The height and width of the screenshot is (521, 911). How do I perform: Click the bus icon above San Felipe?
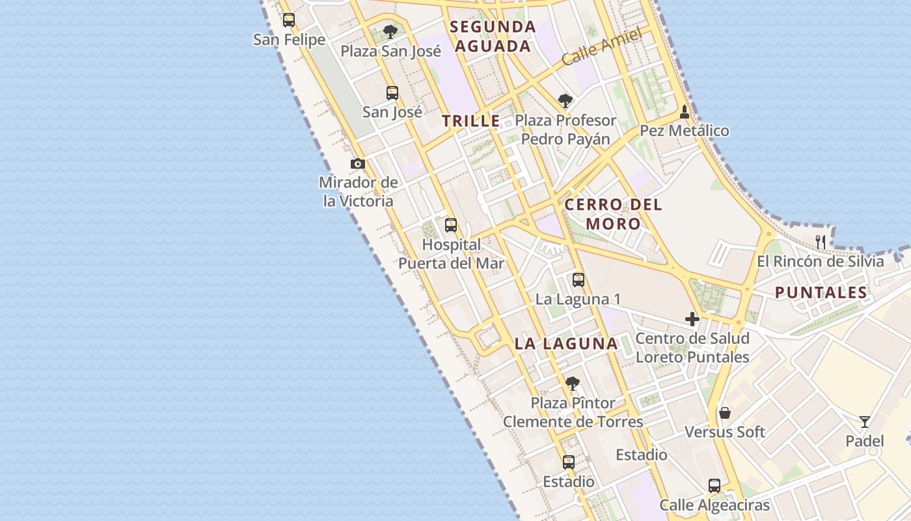point(289,20)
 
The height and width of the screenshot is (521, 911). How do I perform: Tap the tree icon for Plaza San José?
point(390,31)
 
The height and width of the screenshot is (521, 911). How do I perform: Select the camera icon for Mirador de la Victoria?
point(357,163)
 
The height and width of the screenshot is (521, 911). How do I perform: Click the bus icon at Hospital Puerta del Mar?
point(451,225)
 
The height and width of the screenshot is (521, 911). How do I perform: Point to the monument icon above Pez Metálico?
point(684,112)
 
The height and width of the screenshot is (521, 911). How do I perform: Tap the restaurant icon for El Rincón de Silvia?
point(821,242)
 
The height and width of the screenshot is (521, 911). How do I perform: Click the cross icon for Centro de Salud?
point(692,319)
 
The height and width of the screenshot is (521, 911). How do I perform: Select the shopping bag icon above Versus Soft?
point(724,413)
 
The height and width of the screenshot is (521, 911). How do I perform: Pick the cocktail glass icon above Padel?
point(864,422)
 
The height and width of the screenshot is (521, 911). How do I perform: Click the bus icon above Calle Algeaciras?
point(714,486)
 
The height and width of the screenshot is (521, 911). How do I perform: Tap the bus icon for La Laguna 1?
point(578,280)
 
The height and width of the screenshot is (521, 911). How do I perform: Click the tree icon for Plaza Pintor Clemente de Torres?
point(573,384)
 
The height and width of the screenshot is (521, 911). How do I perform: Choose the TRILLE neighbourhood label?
point(471,121)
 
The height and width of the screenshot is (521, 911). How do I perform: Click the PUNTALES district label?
point(821,292)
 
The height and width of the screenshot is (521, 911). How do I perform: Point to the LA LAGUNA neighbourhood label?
point(566,344)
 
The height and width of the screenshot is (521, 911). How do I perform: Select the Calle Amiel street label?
point(602,46)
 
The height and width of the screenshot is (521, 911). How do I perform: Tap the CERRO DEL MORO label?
point(613,214)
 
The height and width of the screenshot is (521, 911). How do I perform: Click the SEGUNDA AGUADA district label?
point(493,36)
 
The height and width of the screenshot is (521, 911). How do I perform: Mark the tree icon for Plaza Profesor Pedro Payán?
point(565,101)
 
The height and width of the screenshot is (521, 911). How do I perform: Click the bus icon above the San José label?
point(392,92)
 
